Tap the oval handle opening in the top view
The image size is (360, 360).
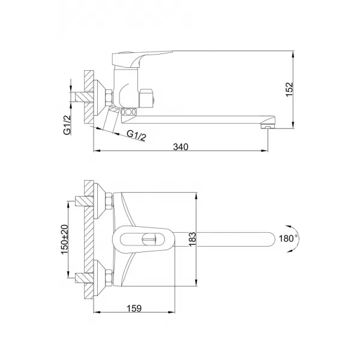coord(144,239)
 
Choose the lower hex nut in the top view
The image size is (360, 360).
coord(107,276)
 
